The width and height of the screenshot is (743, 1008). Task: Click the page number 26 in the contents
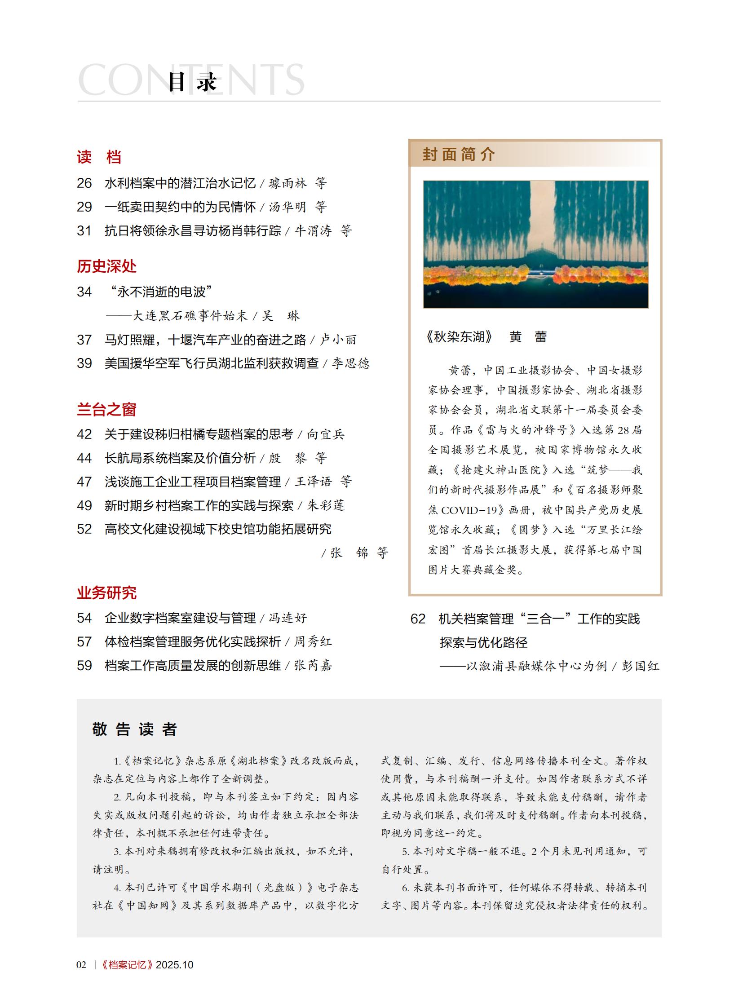(x=84, y=183)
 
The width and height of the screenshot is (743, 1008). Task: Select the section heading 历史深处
(x=106, y=266)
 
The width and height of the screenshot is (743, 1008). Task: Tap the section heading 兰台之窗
(x=106, y=409)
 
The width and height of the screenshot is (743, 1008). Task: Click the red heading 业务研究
(x=106, y=592)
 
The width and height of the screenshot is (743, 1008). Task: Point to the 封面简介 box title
(x=458, y=154)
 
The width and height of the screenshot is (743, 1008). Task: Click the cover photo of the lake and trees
(x=535, y=244)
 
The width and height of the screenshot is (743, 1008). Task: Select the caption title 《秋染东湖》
(x=459, y=336)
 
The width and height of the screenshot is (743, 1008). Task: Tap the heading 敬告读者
(x=134, y=729)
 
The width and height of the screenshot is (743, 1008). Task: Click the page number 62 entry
(x=418, y=619)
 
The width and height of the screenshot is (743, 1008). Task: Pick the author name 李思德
(x=351, y=363)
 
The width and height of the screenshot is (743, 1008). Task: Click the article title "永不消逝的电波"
(x=160, y=292)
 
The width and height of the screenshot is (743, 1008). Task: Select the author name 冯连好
(x=288, y=618)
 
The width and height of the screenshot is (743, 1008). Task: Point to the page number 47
(x=84, y=482)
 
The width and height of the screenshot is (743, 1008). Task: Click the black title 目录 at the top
(x=193, y=82)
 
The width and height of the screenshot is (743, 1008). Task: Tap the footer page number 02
(x=81, y=964)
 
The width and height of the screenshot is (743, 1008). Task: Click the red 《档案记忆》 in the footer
(x=127, y=964)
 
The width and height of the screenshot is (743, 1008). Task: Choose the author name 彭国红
(x=641, y=666)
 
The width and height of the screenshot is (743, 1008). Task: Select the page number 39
(x=84, y=363)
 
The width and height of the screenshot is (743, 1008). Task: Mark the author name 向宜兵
(x=326, y=434)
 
